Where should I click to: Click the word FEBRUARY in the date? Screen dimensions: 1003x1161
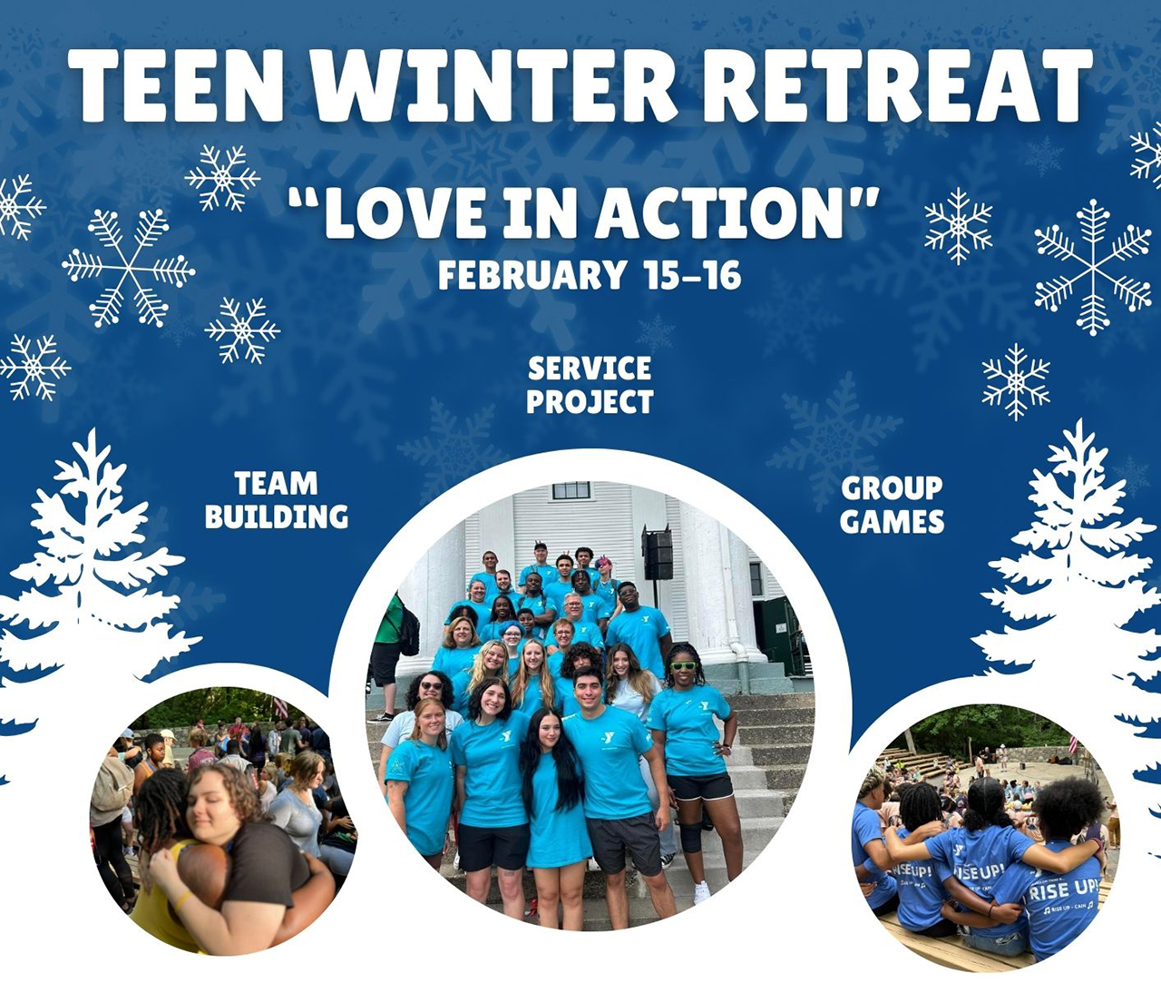point(532,275)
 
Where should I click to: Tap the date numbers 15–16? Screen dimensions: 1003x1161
point(693,275)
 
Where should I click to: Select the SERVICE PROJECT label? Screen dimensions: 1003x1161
point(590,385)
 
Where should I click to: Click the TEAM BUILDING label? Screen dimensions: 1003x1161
point(277,499)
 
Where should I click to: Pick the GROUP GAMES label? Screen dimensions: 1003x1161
point(892,505)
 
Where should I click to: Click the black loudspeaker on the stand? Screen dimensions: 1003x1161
point(658,554)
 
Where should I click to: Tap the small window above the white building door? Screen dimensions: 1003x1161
point(571,491)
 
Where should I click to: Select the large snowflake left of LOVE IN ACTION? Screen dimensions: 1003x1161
point(129,268)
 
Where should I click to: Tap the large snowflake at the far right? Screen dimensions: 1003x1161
point(1093,267)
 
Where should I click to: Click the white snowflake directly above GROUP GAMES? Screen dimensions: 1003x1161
point(1016,382)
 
